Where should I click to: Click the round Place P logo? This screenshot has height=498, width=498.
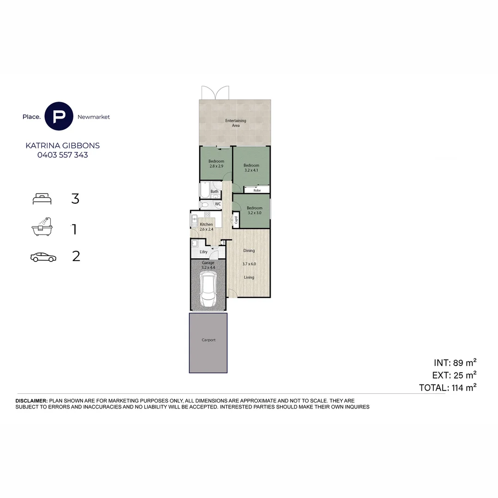(59, 116)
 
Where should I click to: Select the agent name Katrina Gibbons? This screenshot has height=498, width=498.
(63, 145)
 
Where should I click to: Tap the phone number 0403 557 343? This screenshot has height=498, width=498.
(63, 155)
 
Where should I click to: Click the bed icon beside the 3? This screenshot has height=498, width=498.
(42, 198)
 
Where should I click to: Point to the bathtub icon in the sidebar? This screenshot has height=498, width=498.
(42, 226)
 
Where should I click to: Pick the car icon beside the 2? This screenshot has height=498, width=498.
(43, 257)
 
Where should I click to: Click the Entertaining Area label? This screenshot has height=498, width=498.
(236, 123)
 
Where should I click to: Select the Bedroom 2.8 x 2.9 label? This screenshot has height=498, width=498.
(216, 164)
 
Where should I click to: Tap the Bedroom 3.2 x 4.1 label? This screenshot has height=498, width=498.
(251, 168)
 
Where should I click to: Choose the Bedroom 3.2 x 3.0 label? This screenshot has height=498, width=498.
(255, 210)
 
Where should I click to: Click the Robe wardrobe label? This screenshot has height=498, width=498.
(257, 190)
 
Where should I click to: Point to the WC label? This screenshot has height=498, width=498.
(218, 204)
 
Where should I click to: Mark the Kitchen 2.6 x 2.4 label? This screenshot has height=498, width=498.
(206, 227)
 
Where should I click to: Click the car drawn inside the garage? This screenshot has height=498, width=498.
(207, 289)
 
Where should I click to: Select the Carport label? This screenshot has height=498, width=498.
(208, 340)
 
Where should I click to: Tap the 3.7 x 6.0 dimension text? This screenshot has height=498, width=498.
(249, 264)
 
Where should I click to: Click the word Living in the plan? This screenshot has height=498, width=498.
(249, 277)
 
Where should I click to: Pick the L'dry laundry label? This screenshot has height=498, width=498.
(204, 252)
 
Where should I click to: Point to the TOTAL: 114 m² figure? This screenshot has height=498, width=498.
(448, 387)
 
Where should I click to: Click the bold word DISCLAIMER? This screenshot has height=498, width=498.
(31, 401)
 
